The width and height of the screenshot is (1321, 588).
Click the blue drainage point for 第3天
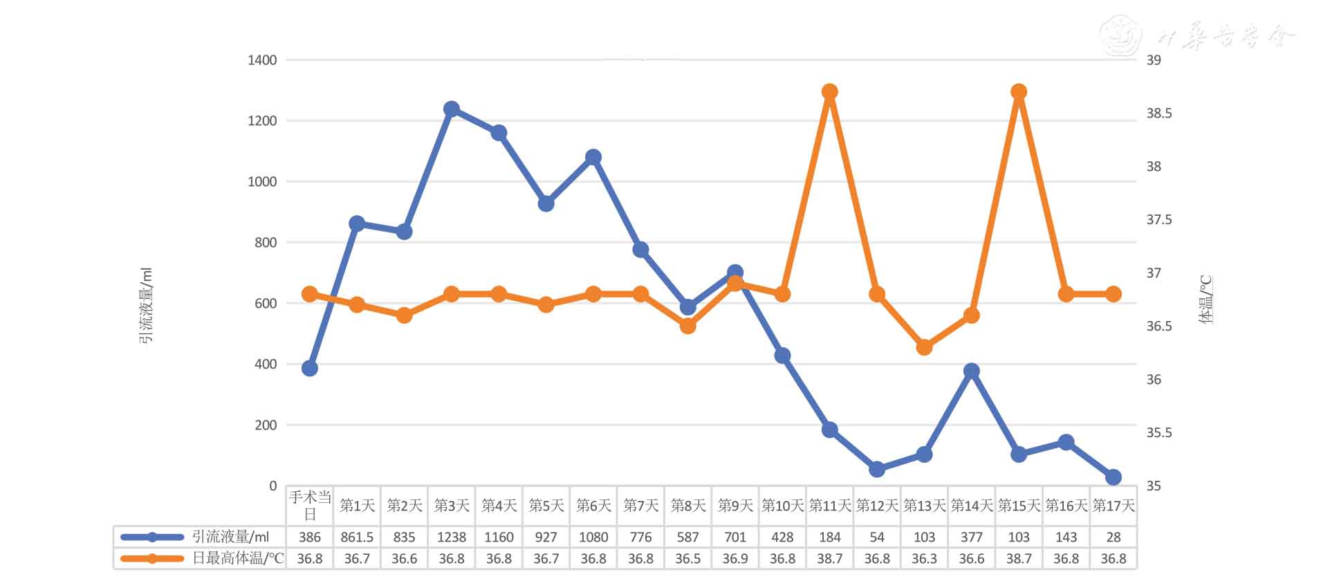pos(452,109)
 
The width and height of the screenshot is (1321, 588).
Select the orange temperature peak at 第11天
pos(830,92)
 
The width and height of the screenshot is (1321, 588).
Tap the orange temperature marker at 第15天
pos(1019,92)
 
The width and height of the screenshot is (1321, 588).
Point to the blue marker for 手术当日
pos(310,368)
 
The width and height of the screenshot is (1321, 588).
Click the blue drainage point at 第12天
pos(877,469)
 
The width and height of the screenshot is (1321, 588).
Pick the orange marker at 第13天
pos(924,347)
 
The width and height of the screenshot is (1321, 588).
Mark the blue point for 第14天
pos(972,371)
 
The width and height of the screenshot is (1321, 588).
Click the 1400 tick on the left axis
pos(262,60)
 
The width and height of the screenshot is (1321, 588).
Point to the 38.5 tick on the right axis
pos(1159,113)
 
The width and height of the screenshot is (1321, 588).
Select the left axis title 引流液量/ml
pos(146,305)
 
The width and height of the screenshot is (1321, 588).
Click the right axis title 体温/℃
pos(1205,300)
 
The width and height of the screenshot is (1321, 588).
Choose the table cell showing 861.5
pos(357,537)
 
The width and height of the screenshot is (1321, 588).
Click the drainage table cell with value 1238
pos(452,537)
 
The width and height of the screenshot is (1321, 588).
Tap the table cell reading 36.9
pos(735,558)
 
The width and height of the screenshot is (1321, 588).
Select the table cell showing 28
pos(1113,537)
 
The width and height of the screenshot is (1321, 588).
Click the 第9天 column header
pos(735,506)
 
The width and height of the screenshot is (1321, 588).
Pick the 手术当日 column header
pos(310,506)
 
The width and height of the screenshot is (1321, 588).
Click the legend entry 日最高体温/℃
pos(237,558)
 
